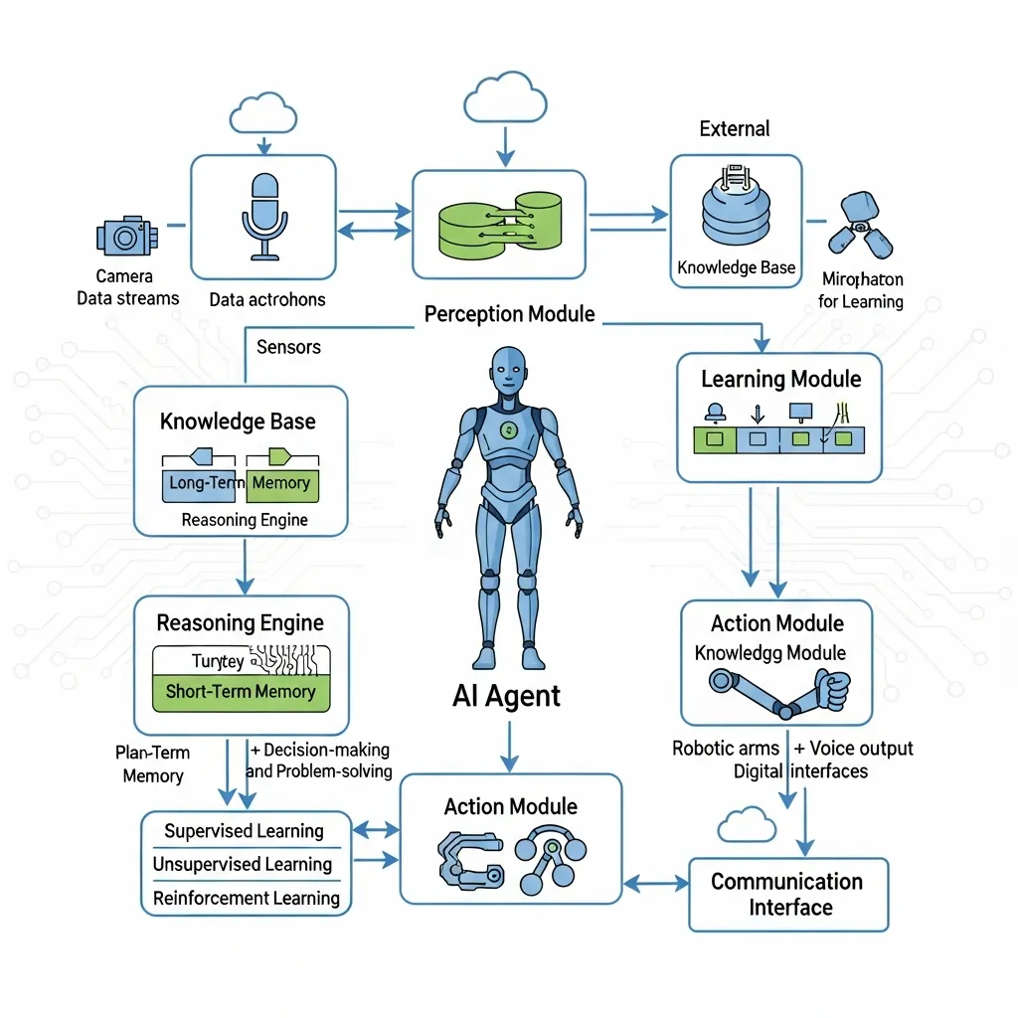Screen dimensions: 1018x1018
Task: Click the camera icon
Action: (x=126, y=236)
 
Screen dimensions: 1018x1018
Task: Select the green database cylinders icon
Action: (x=500, y=224)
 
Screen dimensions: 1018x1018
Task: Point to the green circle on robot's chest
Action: (x=508, y=429)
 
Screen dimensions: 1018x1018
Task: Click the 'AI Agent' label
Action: (x=506, y=696)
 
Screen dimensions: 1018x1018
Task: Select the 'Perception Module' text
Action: (x=509, y=314)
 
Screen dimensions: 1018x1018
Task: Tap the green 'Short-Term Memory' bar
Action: (x=241, y=692)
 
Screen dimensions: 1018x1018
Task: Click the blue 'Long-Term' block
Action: (x=200, y=483)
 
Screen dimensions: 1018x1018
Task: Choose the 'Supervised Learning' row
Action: (x=244, y=831)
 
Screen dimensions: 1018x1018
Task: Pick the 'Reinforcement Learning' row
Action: (x=246, y=899)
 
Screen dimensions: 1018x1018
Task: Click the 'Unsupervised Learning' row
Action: (x=242, y=865)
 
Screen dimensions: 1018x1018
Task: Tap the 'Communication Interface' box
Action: (x=787, y=894)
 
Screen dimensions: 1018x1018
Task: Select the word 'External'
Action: (x=735, y=128)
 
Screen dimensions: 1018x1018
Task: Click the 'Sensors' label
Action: (x=288, y=347)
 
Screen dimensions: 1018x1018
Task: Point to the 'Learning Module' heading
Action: (x=780, y=379)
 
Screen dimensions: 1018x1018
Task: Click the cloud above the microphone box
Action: (x=262, y=114)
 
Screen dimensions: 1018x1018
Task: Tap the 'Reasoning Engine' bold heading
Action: (x=241, y=623)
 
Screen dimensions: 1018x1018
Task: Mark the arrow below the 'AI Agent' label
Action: (x=509, y=745)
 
